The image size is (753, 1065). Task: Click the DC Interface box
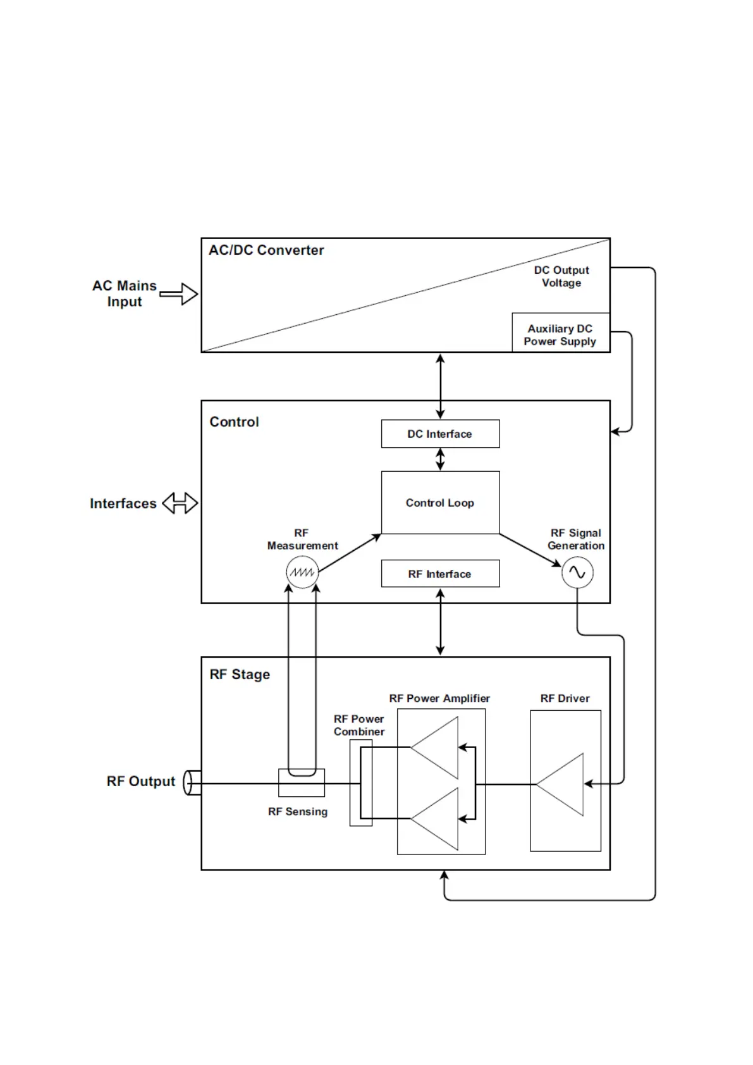coord(440,434)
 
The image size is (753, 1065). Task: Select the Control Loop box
coord(440,503)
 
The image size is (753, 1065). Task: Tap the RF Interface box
coord(440,574)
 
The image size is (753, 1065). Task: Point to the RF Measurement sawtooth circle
coord(302,572)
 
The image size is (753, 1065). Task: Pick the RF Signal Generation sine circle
coord(577,572)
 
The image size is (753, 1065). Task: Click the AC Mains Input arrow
coord(180,293)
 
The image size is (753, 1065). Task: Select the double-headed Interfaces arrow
coord(180,503)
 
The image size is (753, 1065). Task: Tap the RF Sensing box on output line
coord(302,783)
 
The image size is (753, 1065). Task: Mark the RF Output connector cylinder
coord(192,782)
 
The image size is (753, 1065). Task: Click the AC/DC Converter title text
coord(266,250)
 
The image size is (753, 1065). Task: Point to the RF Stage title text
coord(240,675)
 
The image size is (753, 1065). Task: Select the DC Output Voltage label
coord(561,276)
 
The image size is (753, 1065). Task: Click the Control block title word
coord(234,422)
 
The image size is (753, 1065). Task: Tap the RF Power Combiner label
coord(359,725)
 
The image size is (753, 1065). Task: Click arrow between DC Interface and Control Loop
coord(441,459)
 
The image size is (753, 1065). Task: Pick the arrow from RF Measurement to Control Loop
coord(350,553)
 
